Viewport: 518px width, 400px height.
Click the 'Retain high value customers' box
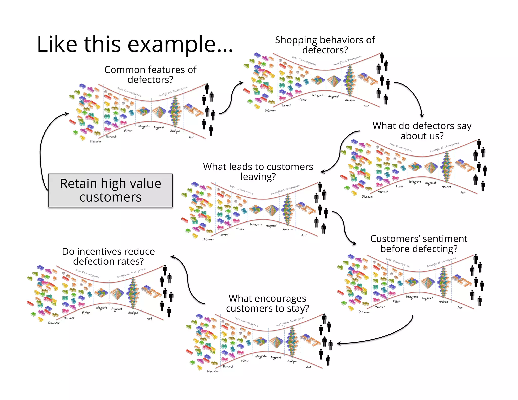(110, 190)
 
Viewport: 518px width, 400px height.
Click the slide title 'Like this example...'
(135, 44)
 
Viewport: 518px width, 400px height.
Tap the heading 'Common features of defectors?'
(150, 75)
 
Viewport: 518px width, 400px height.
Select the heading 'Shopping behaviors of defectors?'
(325, 45)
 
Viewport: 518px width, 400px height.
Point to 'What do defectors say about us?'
(422, 131)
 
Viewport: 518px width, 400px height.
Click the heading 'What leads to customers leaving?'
(258, 171)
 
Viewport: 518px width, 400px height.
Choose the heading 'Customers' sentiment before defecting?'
(419, 243)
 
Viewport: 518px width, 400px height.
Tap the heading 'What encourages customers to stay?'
(267, 303)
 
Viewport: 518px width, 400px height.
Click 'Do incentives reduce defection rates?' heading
(108, 256)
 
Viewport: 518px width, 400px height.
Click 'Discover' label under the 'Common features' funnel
(96, 141)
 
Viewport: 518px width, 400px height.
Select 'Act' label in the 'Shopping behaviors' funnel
(366, 106)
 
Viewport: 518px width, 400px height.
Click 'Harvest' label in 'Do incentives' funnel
(69, 318)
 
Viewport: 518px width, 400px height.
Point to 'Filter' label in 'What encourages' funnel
(245, 361)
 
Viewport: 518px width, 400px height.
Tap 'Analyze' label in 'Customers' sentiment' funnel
(443, 302)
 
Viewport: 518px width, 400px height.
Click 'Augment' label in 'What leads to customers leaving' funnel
(271, 226)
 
